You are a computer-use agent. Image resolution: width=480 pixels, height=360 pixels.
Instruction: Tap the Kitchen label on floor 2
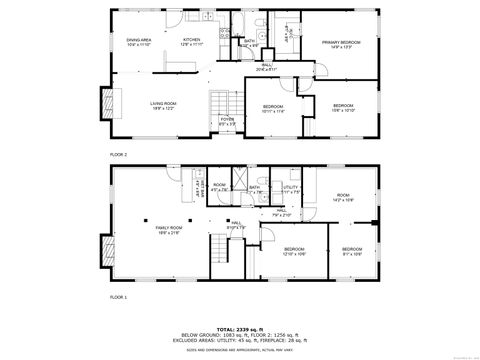(191, 43)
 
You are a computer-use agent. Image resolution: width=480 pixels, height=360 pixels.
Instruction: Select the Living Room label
(163, 105)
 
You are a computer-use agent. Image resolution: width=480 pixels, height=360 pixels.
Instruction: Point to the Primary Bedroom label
(341, 43)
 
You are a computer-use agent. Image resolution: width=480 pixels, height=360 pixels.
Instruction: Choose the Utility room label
(290, 188)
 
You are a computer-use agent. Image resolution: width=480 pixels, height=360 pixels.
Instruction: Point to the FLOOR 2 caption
(119, 155)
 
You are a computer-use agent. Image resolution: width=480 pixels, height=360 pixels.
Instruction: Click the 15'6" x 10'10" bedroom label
(343, 107)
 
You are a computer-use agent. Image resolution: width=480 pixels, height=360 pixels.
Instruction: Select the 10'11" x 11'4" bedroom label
(273, 109)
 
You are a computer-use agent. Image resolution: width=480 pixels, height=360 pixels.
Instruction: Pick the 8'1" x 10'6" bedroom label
(352, 251)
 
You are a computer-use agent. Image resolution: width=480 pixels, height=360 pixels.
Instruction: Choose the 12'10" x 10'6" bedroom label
(294, 251)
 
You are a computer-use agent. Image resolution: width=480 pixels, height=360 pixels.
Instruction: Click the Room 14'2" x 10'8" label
(343, 197)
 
